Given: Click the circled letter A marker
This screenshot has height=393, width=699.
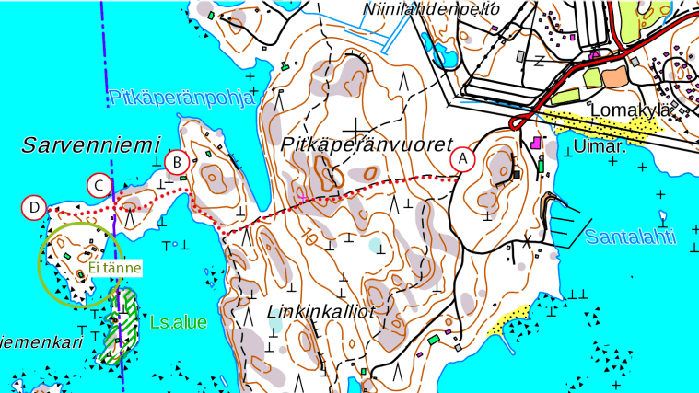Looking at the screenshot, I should pos(464,159).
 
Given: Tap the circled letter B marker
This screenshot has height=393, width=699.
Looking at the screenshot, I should pos(176,162).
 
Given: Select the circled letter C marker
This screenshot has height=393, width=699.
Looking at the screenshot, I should pos(99,185).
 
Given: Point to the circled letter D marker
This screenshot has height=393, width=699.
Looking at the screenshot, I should pos(34,208).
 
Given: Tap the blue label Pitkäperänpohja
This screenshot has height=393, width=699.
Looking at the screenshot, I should pos(181,98).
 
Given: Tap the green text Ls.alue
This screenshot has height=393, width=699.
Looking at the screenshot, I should pos(179,323).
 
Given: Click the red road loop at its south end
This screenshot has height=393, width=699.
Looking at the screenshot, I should pos(517,123).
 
